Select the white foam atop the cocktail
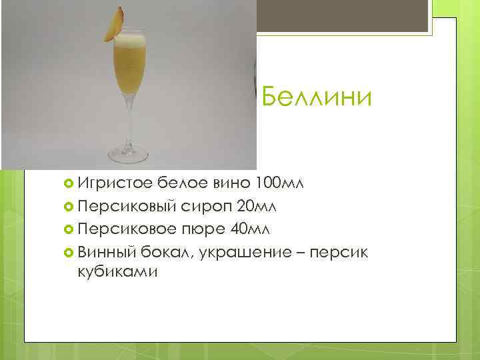[x=129, y=41]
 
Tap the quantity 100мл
[x=278, y=184]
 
